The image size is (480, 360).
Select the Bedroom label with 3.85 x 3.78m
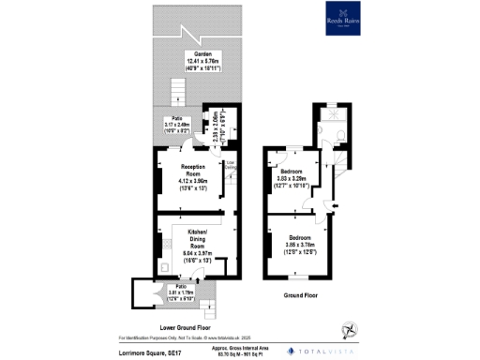point(300,241)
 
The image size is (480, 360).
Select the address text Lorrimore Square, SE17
point(148,350)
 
